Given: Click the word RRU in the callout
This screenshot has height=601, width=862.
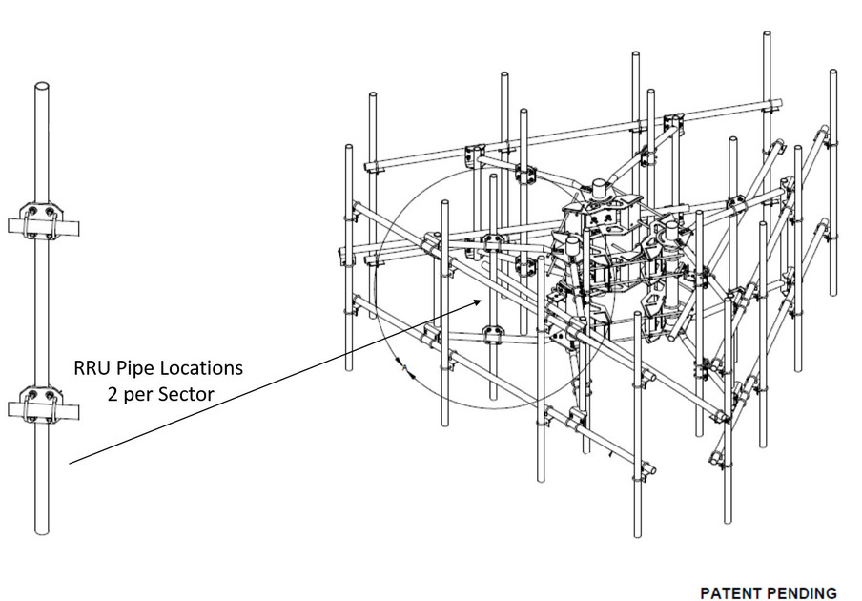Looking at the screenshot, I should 92,367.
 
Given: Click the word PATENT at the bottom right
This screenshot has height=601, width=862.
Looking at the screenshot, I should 732,592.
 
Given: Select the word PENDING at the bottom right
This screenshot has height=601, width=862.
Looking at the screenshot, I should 803,592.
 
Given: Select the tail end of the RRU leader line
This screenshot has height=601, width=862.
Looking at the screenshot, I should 71,464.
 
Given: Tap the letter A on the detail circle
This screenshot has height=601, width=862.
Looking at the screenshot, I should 405,365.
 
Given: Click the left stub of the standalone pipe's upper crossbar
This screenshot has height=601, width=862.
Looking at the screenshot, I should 15,226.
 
